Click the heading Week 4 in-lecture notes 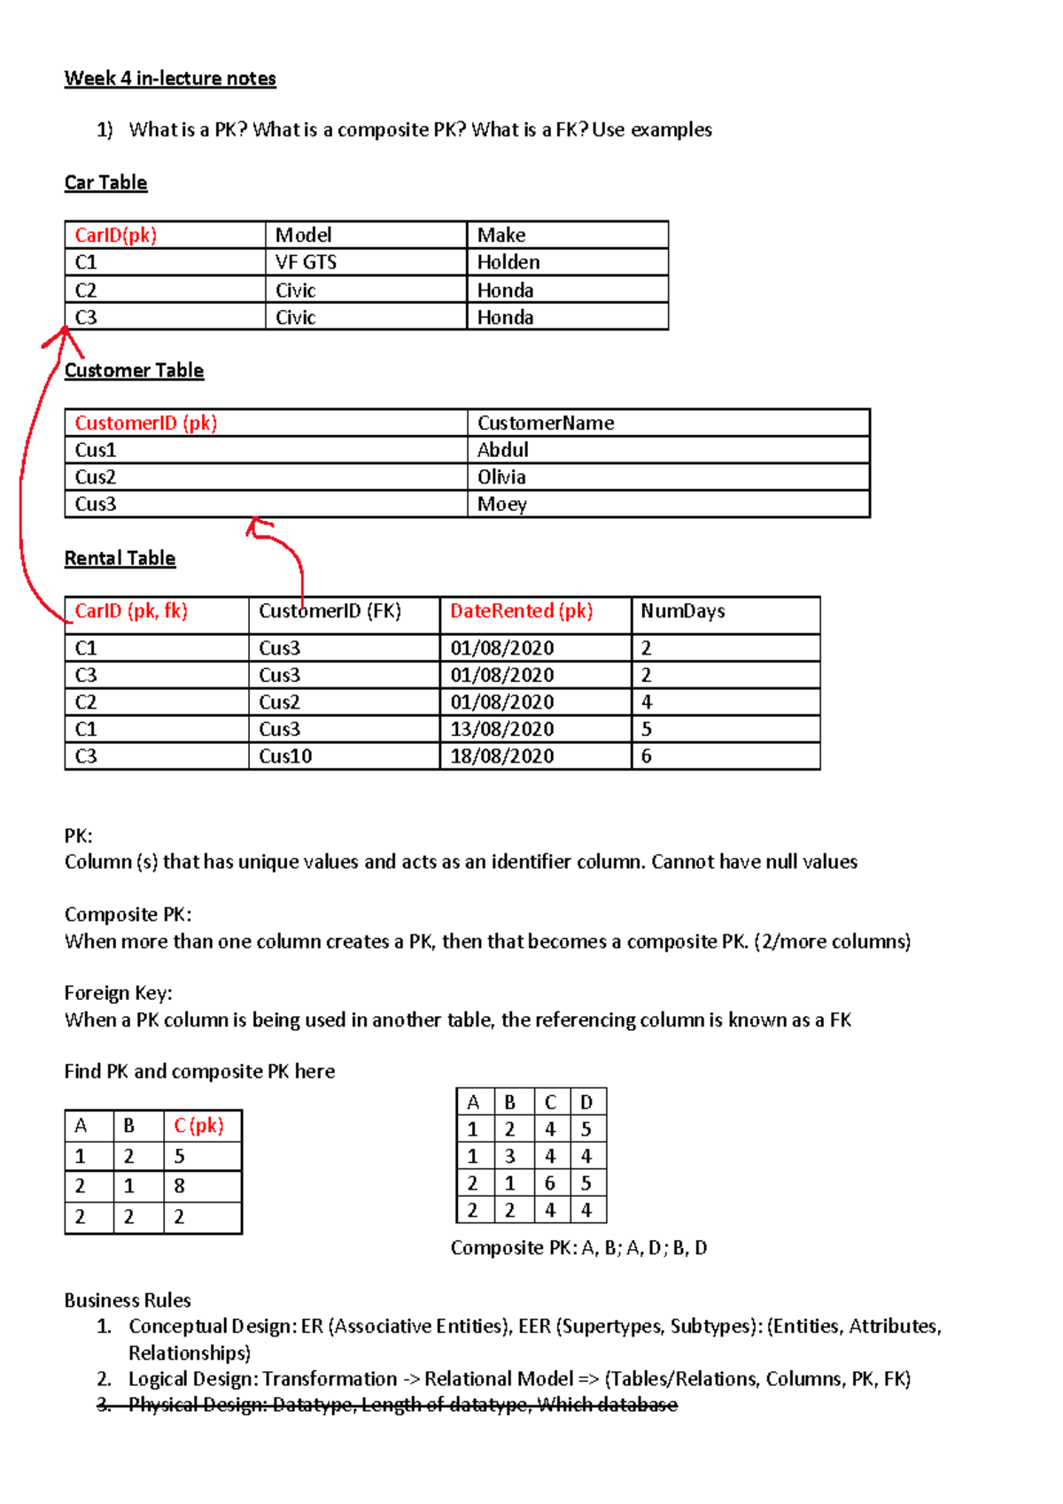click(170, 79)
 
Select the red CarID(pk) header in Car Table click(115, 235)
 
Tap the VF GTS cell click(306, 262)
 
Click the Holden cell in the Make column click(508, 262)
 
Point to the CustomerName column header click(546, 423)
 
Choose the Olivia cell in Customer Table click(501, 477)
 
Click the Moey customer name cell click(501, 505)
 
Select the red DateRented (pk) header click(521, 611)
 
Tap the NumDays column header click(682, 611)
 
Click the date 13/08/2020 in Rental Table click(501, 729)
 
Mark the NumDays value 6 click(647, 756)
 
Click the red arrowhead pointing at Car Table click(63, 334)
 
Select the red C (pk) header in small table click(198, 1126)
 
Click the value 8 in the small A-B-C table click(179, 1186)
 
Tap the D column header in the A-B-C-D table click(586, 1103)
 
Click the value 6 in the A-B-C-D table click(550, 1183)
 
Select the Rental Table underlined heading click(120, 559)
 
